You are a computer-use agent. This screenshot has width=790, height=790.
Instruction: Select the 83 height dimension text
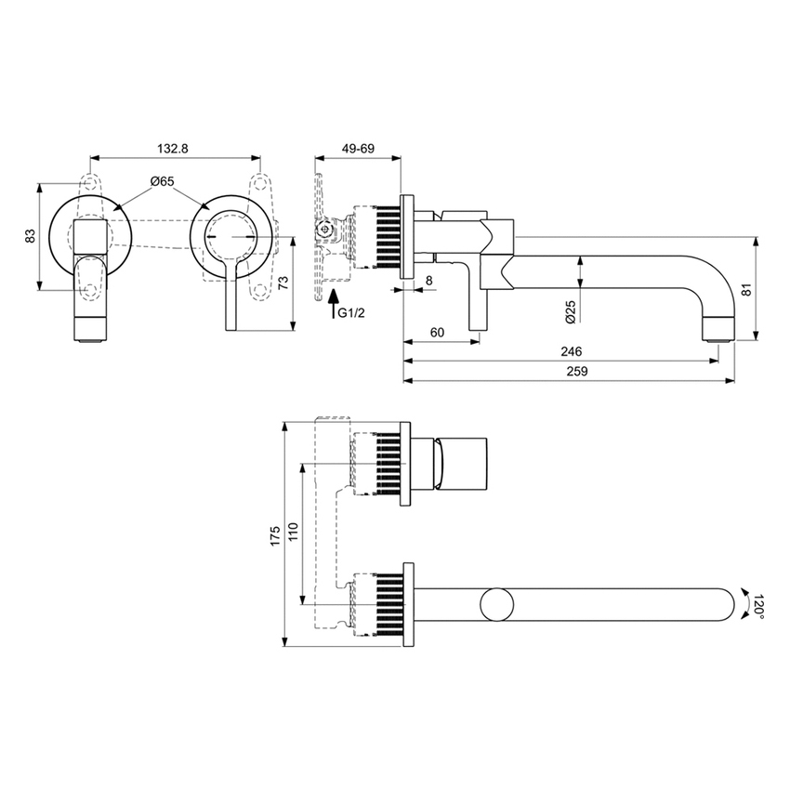click(x=30, y=237)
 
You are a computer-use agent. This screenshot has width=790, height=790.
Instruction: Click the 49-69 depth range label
click(x=358, y=149)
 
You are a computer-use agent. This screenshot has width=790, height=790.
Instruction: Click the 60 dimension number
click(x=437, y=332)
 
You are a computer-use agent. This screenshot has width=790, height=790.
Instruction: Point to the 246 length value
click(x=572, y=351)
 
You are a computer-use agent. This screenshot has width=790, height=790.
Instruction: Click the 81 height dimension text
click(x=770, y=289)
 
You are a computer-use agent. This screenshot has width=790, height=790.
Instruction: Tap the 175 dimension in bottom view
click(x=274, y=536)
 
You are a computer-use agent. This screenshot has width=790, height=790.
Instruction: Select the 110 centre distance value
click(x=293, y=533)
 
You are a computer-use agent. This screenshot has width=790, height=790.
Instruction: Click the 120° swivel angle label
click(x=757, y=604)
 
